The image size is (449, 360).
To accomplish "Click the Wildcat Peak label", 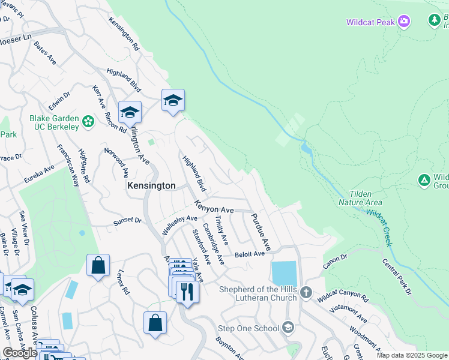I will tap(370, 22).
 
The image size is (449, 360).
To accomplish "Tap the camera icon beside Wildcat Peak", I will tap(404, 22).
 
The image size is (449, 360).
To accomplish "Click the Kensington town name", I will tap(151, 186).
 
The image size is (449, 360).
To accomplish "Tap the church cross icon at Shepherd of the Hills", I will tap(306, 293).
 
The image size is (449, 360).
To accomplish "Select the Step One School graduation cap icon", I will tap(288, 328).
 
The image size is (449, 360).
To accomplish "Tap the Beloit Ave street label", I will tap(249, 254).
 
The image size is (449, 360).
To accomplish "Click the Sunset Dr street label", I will tap(128, 221).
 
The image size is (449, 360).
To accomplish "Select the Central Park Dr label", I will tap(397, 276).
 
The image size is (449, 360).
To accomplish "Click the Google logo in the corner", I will tap(20, 353).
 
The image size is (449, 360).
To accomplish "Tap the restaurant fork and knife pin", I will tap(187, 292).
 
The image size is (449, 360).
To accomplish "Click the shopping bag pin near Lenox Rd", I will tap(98, 265).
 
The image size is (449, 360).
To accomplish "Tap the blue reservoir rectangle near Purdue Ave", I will tap(284, 274).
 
